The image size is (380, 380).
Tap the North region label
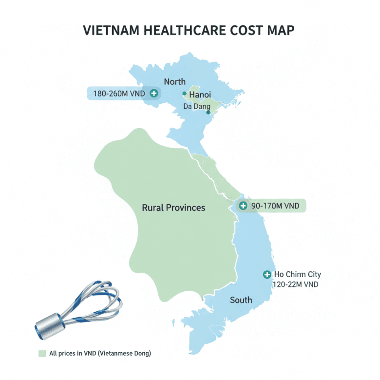(x=174, y=81)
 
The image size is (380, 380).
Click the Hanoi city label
(x=200, y=94)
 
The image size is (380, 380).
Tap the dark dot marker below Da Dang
(x=208, y=112)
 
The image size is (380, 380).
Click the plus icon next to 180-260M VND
(x=154, y=93)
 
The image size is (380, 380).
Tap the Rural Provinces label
(x=173, y=208)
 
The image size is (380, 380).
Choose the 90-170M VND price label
(x=275, y=205)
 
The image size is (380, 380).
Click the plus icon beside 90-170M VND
(x=243, y=205)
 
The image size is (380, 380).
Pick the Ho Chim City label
(x=297, y=275)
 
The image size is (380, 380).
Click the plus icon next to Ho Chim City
(x=266, y=275)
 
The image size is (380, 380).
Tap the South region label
(x=241, y=300)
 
